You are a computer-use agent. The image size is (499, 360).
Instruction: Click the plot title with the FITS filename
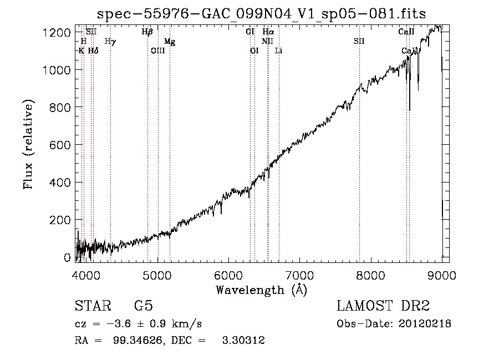[262, 13]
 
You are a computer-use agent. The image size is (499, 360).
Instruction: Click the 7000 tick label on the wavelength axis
[299, 275]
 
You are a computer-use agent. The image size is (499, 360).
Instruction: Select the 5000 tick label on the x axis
[157, 275]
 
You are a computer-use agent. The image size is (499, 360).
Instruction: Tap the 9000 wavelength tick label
[441, 275]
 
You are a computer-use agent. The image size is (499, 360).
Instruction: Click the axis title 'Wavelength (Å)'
[261, 290]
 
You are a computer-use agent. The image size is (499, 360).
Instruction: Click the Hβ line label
[147, 32]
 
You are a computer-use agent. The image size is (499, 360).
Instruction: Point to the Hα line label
[268, 32]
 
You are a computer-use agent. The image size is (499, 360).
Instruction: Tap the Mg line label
[170, 42]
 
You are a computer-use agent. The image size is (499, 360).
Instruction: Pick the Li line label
[279, 51]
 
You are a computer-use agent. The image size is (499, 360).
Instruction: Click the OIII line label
[158, 51]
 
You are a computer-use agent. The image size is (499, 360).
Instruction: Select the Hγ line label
[110, 42]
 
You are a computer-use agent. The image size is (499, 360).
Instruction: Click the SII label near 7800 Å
[359, 42]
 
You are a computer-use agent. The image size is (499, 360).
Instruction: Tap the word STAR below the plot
[91, 306]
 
